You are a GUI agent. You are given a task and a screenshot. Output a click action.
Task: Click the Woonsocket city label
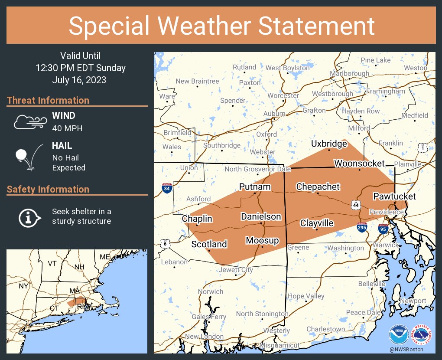click(359, 164)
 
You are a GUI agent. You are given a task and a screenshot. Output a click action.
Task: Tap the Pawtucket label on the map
click(394, 196)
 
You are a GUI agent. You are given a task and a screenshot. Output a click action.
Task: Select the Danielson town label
click(261, 216)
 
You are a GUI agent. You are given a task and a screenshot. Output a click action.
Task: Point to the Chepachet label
click(318, 187)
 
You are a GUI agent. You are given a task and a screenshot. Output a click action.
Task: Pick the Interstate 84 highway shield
click(166, 188)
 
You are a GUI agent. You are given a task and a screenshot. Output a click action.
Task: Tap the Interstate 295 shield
click(362, 226)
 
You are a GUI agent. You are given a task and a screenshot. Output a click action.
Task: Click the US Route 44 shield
click(355, 204)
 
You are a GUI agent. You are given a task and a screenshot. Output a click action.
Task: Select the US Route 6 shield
click(165, 244)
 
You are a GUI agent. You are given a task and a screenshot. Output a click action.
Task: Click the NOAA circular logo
click(399, 335)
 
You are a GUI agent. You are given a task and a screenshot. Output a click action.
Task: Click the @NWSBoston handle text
click(406, 349)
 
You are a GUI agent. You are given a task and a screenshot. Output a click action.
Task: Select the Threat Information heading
click(48, 101)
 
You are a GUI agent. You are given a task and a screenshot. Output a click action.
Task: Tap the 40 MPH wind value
click(67, 128)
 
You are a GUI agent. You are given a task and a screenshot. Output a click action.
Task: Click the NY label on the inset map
click(23, 286)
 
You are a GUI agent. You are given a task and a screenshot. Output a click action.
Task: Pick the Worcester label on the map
click(283, 95)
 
